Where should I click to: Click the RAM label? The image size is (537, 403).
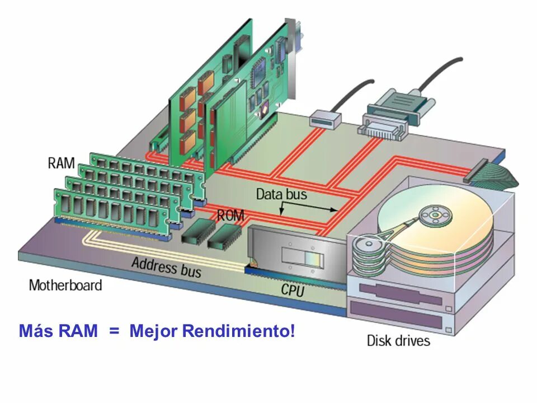(x=61, y=163)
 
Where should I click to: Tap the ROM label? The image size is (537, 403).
(x=230, y=215)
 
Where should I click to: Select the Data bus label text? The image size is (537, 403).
(x=281, y=195)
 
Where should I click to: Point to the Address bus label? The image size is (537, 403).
(x=166, y=266)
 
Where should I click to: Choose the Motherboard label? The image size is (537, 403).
(x=65, y=285)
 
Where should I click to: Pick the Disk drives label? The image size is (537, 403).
(x=398, y=340)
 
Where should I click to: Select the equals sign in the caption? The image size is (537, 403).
(x=114, y=331)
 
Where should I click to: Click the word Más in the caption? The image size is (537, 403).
(x=34, y=331)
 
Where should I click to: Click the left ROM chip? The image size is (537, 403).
(x=195, y=232)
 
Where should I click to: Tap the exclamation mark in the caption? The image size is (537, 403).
(x=292, y=331)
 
